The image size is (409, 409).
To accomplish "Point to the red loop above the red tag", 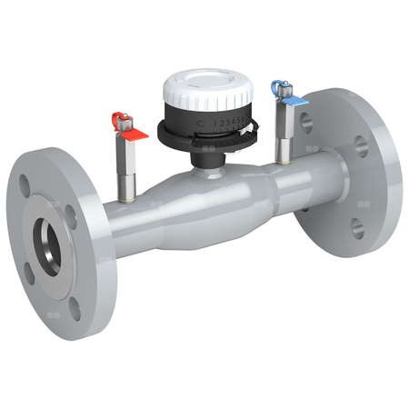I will click(x=118, y=117).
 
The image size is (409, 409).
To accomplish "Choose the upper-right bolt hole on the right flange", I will click(x=364, y=145).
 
